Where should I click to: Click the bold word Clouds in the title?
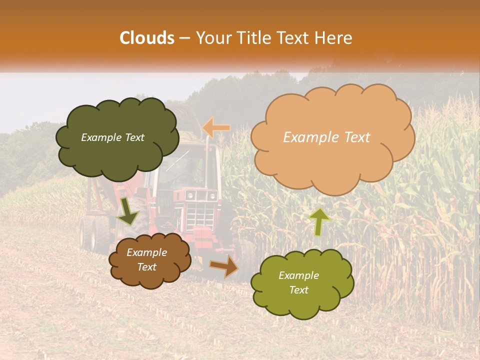pyautogui.click(x=147, y=38)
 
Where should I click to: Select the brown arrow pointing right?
pyautogui.click(x=225, y=266)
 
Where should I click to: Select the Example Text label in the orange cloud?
pyautogui.click(x=326, y=137)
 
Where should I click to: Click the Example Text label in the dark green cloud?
pyautogui.click(x=112, y=137)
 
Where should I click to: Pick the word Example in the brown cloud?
pyautogui.click(x=146, y=252)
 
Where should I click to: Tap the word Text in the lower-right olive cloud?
pyautogui.click(x=298, y=290)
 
